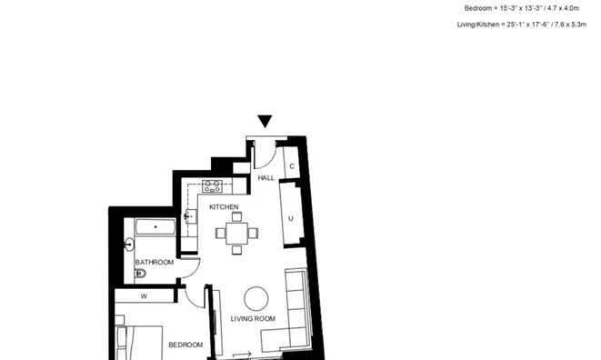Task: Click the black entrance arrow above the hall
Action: [x=265, y=121]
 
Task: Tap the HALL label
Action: [x=266, y=178]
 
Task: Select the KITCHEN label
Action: [x=224, y=207]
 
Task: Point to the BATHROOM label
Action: [x=155, y=262]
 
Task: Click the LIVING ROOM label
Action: [x=253, y=318]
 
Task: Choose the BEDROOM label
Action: [x=185, y=345]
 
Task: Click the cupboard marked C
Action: [x=291, y=166]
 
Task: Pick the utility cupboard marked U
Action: [x=291, y=217]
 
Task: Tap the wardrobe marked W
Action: [x=144, y=296]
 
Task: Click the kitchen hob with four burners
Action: [x=213, y=186]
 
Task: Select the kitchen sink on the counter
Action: [x=191, y=216]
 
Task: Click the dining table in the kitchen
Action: [x=236, y=234]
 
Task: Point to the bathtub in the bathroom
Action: [x=155, y=227]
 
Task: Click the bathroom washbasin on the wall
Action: [x=128, y=245]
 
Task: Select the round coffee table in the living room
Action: [x=256, y=298]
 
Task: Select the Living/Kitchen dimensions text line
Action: [x=521, y=25]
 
